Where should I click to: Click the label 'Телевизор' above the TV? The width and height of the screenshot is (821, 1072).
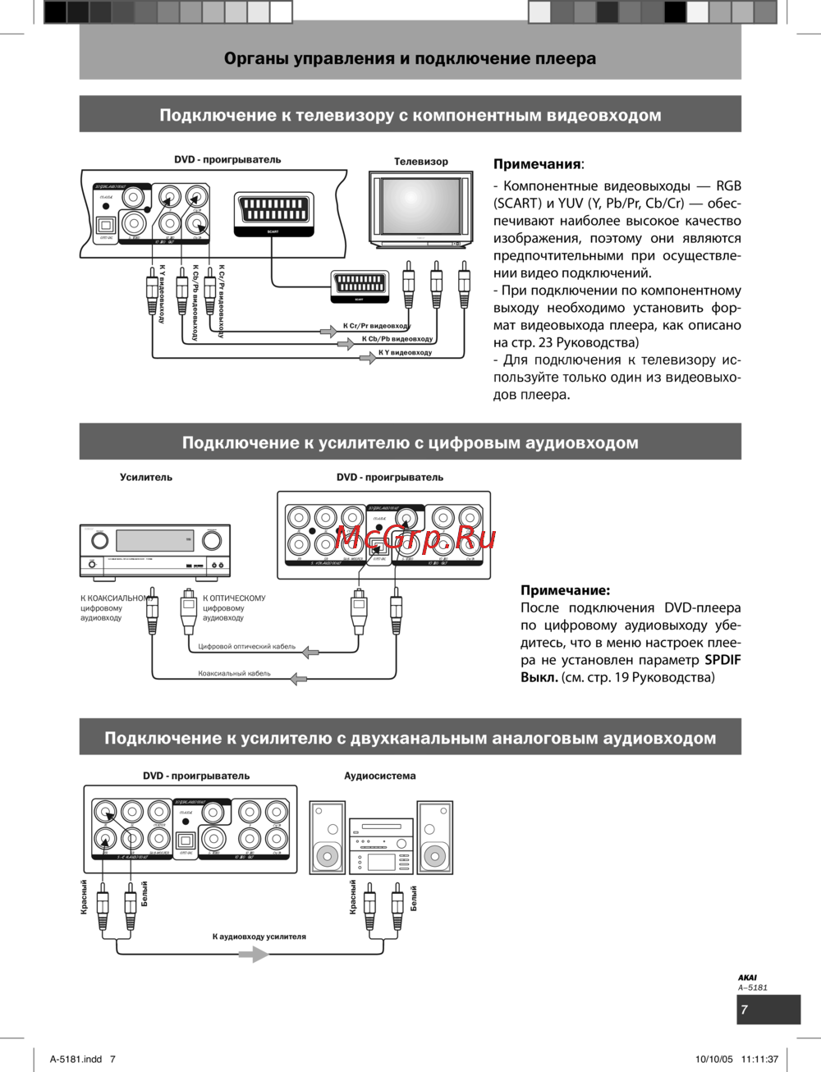coord(420,162)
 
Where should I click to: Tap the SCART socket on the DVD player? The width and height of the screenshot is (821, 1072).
coord(273,210)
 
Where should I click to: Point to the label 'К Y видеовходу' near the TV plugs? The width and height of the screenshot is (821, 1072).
coord(405,353)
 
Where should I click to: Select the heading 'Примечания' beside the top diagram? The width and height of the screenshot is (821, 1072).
coord(537,164)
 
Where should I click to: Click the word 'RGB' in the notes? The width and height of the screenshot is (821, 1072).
coord(728,186)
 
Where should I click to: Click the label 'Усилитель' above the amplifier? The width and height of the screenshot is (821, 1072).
coord(146,477)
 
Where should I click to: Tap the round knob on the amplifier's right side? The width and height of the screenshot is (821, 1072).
coord(212,541)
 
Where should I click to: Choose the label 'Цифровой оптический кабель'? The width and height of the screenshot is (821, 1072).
coord(246,647)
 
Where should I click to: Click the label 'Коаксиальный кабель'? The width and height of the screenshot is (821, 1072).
coord(234,674)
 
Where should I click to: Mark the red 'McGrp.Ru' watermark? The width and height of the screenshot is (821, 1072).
coord(415,538)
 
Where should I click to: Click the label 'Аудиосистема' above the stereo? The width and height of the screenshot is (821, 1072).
coord(379,776)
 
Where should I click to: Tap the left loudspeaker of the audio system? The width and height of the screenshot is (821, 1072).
coord(328,837)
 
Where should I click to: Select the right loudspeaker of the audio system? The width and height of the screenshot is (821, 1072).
coord(434,837)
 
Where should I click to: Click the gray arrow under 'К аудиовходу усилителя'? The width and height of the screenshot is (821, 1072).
coord(254,955)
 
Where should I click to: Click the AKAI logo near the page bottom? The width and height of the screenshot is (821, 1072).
coord(747,978)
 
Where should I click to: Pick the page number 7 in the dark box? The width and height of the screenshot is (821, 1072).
coord(745,1010)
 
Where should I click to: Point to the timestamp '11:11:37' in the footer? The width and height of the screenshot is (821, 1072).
coord(759,1059)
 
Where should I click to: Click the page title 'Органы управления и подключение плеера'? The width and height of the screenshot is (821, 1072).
coord(410,59)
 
